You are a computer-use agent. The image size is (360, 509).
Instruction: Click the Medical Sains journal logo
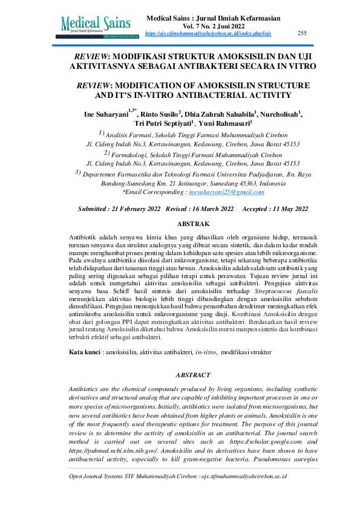96,24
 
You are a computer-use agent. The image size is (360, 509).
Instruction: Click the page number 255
303,33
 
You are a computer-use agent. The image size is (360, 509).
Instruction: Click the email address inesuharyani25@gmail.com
226,192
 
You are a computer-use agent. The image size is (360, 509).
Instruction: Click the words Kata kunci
85,351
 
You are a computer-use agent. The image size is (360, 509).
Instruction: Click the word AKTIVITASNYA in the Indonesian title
108,65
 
